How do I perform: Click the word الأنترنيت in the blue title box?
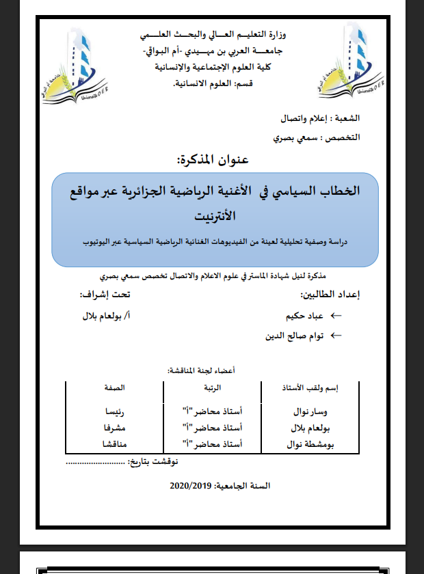(x=213, y=217)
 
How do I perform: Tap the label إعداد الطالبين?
(x=330, y=295)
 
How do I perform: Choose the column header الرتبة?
(x=213, y=387)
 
